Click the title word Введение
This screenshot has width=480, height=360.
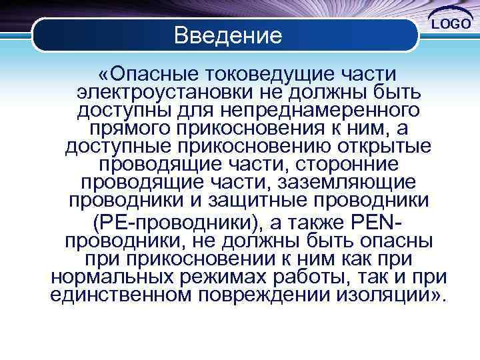(228, 34)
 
